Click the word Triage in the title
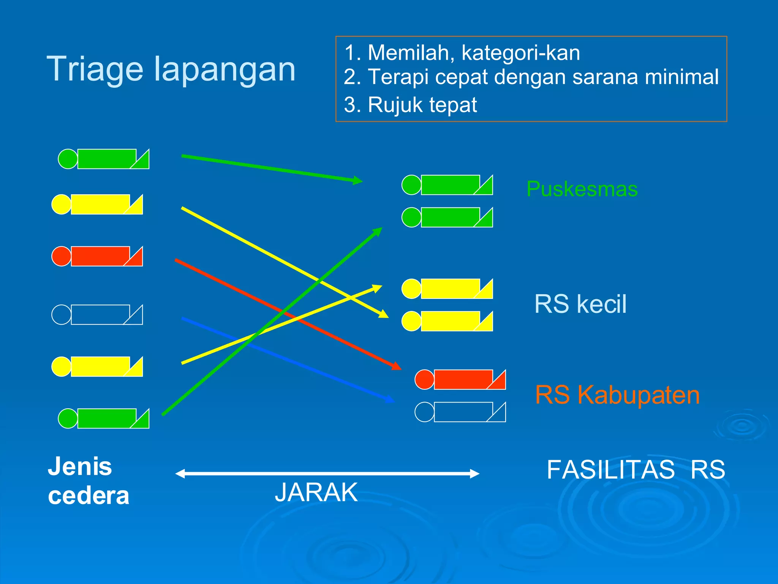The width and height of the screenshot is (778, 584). click(x=95, y=69)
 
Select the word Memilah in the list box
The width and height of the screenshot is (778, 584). click(x=410, y=52)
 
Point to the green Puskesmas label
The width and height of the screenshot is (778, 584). click(x=582, y=189)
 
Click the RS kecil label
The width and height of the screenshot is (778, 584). click(x=580, y=304)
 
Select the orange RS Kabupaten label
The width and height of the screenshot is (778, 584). click(x=617, y=395)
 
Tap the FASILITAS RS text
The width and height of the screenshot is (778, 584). click(x=636, y=470)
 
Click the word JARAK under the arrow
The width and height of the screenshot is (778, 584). click(x=316, y=493)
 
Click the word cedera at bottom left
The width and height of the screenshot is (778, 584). click(x=89, y=496)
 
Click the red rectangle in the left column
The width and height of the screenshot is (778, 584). click(x=100, y=256)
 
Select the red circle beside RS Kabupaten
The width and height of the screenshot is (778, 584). click(x=424, y=379)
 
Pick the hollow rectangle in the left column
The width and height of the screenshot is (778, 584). click(x=100, y=314)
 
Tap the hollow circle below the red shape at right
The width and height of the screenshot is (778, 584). click(x=424, y=412)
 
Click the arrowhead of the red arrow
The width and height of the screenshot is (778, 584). click(x=397, y=367)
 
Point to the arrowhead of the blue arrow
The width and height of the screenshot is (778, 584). click(x=390, y=400)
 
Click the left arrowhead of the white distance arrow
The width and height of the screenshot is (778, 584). click(x=180, y=474)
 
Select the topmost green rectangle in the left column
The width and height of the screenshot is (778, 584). click(x=106, y=159)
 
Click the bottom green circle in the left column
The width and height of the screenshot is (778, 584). click(x=68, y=419)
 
